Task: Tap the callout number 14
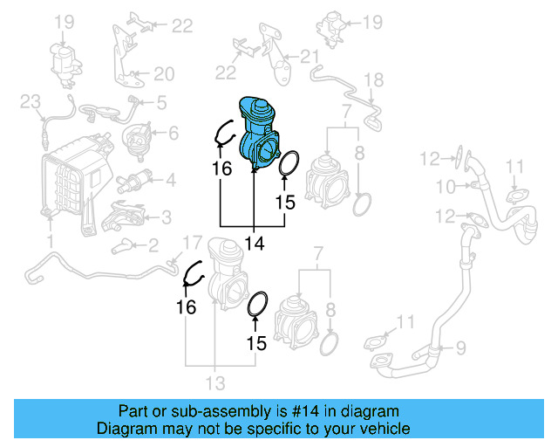click(254, 244)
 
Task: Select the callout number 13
click(214, 382)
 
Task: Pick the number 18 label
click(372, 80)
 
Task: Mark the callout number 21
click(311, 57)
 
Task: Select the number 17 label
click(191, 242)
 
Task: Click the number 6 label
click(172, 134)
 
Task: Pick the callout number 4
click(170, 181)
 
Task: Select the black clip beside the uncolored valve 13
click(192, 274)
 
